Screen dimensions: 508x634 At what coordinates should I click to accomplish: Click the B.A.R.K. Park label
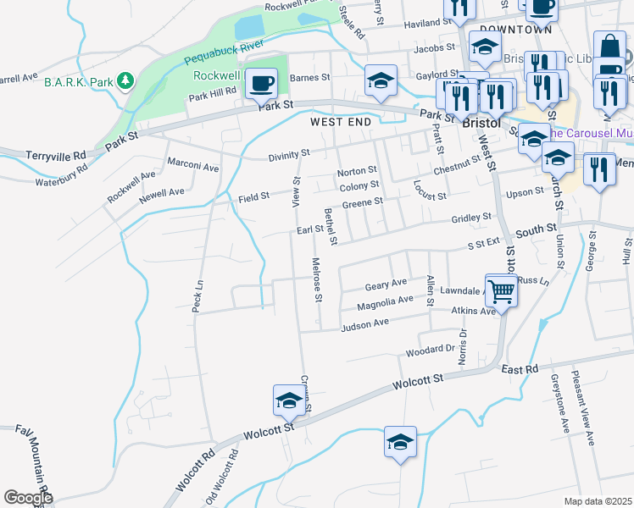pos(78,81)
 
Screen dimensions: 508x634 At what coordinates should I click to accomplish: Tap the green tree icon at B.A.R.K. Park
pos(125,81)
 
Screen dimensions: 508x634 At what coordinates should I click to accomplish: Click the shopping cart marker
pos(501,290)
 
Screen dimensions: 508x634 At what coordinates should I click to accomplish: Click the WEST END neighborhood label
pos(341,122)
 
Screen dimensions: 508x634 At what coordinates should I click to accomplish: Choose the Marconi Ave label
pos(193,167)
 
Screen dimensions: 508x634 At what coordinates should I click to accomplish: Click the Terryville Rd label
pos(57,156)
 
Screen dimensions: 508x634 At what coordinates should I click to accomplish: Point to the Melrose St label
pos(316,279)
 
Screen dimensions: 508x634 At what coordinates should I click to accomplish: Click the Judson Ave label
pos(364,323)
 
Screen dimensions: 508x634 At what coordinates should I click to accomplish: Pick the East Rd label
pos(520,370)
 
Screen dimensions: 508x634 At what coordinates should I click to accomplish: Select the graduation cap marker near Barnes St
pos(381,82)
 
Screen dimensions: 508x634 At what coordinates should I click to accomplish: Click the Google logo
pos(28,497)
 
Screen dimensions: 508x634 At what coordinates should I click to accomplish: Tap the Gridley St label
pos(470,218)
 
